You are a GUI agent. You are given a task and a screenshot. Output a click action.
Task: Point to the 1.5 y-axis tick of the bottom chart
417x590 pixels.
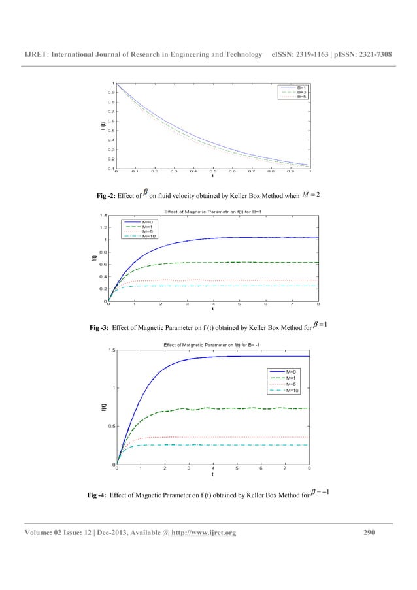112,351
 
